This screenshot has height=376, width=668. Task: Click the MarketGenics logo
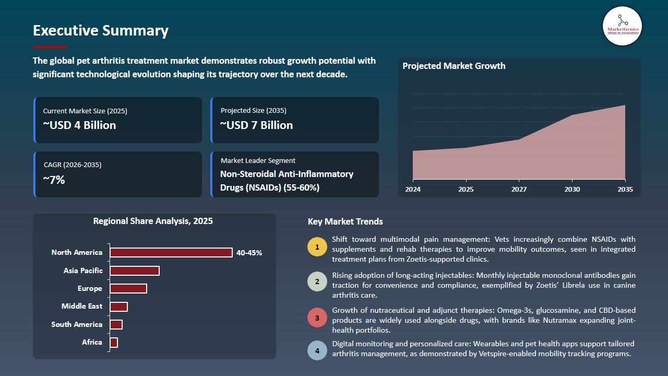[x=622, y=26]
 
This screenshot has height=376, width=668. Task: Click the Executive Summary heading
[x=101, y=31]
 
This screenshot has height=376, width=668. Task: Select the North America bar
[x=171, y=253]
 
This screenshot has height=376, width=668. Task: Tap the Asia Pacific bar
[x=134, y=271]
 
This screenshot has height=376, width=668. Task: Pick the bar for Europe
[x=128, y=288]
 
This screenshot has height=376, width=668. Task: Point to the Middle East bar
[x=118, y=307]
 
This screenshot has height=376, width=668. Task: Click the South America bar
[x=116, y=324]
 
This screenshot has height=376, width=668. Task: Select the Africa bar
[x=114, y=343]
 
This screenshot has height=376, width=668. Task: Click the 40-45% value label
[x=249, y=253]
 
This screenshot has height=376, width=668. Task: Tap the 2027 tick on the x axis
[x=519, y=189]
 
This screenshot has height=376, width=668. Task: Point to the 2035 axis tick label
[x=625, y=189]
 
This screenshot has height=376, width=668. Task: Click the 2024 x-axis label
[x=413, y=189]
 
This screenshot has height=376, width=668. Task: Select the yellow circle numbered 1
[x=317, y=246]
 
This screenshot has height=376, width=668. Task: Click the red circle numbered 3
[x=317, y=318]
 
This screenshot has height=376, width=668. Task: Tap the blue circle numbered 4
[x=317, y=350]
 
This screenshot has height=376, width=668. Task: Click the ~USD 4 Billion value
[x=79, y=125]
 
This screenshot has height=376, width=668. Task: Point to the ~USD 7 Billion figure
[x=256, y=125]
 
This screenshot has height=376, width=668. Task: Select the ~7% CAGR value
[x=54, y=180]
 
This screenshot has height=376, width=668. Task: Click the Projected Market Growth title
[x=454, y=66]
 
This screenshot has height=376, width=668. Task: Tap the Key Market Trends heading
[x=345, y=221]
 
